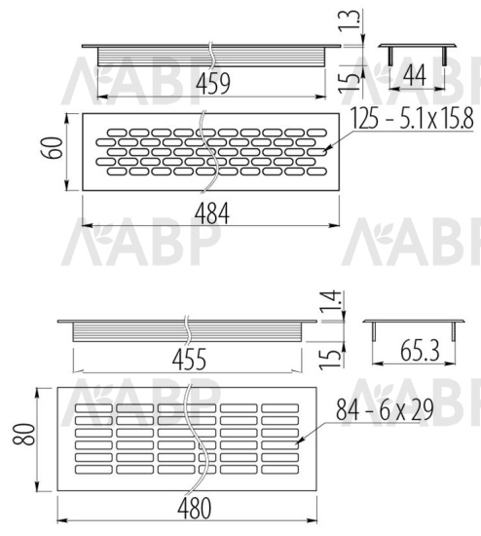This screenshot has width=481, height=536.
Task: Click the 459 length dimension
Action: [x=213, y=83]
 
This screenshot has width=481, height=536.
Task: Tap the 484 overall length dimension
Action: [x=212, y=213]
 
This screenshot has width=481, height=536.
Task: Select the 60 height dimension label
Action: [x=52, y=148]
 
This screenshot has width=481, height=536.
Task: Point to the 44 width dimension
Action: [x=415, y=75]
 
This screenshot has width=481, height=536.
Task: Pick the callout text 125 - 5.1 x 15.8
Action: [x=412, y=118]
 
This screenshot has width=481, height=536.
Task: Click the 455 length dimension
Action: [x=189, y=360]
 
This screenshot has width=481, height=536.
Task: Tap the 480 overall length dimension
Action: [x=194, y=509]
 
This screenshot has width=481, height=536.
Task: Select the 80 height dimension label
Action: [x=23, y=434]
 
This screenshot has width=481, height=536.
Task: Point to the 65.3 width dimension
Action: [x=420, y=351]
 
